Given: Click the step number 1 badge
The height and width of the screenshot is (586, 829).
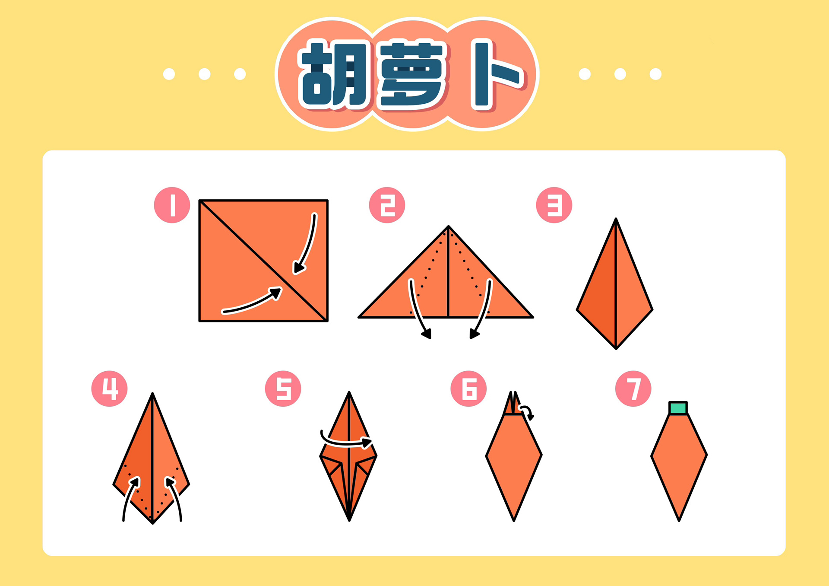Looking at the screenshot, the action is (x=172, y=205).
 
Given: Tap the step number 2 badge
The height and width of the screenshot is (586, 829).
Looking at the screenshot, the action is (x=387, y=205).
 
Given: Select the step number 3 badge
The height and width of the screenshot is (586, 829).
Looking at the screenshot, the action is (x=554, y=205).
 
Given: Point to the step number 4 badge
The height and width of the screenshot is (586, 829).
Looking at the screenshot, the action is (x=109, y=389).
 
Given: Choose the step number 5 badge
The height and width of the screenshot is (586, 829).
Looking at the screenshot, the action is (x=283, y=389).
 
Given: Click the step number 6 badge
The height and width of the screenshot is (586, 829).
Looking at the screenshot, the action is (x=468, y=389).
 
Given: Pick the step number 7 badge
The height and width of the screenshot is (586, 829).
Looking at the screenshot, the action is (x=633, y=389).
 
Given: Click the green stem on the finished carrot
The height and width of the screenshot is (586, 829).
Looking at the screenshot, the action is (x=678, y=408).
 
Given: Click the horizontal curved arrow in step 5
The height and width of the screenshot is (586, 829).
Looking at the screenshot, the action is (x=345, y=442).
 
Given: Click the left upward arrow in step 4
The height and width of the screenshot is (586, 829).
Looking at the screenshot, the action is (x=128, y=497).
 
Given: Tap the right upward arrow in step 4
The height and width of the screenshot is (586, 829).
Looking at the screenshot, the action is (x=176, y=497).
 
